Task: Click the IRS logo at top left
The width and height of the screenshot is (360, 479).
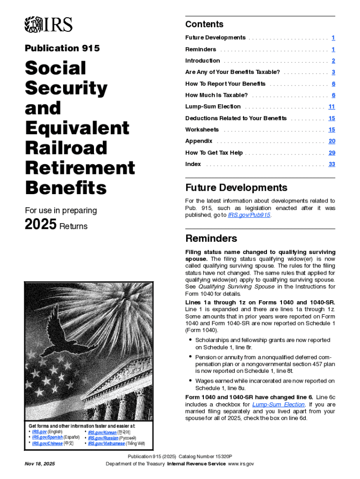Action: tap(48, 24)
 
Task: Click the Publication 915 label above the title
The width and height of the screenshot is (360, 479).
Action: tap(62, 48)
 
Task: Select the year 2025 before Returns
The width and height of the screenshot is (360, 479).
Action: tap(41, 225)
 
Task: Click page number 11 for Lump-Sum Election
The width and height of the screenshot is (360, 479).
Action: tap(331, 107)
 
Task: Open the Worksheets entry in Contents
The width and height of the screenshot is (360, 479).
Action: tap(202, 130)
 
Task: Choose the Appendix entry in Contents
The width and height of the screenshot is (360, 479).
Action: tap(199, 141)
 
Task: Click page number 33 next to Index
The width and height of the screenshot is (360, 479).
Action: tap(331, 164)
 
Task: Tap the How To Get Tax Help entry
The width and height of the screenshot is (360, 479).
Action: tap(214, 153)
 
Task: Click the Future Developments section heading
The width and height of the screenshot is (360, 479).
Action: tap(236, 188)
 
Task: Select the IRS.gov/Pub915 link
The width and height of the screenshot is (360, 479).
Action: tap(249, 215)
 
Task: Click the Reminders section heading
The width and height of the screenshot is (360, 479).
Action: tap(211, 239)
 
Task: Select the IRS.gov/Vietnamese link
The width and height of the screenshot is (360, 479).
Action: tap(106, 443)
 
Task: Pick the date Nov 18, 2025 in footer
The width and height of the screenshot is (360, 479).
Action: tap(39, 464)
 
